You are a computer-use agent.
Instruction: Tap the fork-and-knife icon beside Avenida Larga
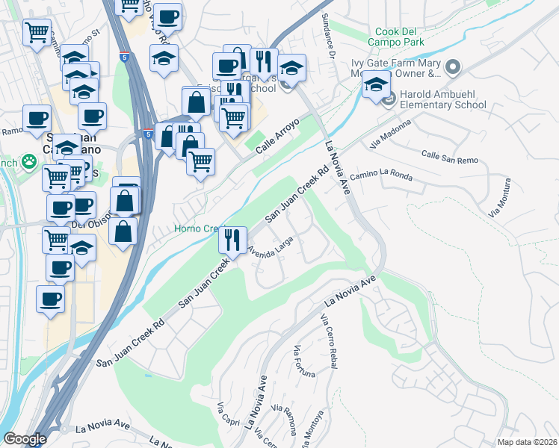click(x=232, y=240)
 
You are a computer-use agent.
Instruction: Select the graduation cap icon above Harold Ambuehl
click(x=377, y=84)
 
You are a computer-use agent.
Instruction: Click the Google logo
click(x=25, y=439)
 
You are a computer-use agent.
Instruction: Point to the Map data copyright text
click(x=527, y=442)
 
